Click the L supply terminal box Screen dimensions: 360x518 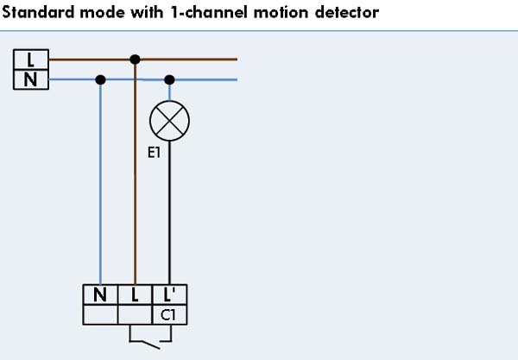click(31, 60)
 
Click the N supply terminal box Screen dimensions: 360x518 click(31, 79)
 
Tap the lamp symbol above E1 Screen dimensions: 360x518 click(169, 122)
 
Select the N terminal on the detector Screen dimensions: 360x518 click(101, 294)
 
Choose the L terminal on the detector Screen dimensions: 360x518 click(135, 294)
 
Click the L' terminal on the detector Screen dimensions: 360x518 click(169, 294)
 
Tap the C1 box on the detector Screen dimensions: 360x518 click(169, 314)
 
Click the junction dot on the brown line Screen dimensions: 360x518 click(135, 60)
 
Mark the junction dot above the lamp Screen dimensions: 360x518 click(169, 79)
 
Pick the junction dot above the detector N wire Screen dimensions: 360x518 click(101, 79)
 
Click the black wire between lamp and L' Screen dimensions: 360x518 click(169, 216)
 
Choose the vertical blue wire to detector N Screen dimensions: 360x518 click(101, 181)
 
